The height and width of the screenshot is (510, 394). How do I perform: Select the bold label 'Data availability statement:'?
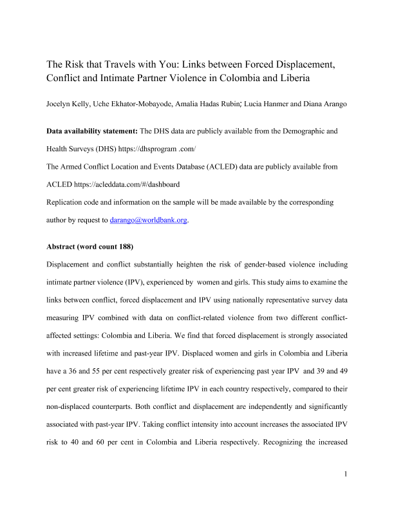coord(91,131)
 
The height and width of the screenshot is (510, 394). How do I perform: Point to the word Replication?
coord(67,202)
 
